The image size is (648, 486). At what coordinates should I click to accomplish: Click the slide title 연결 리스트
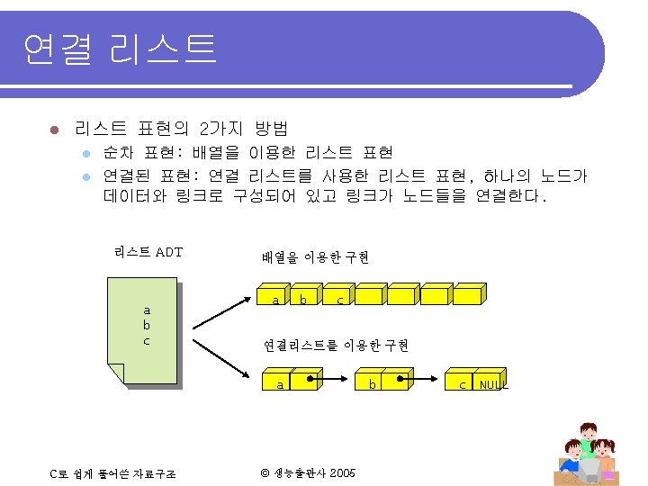point(120,49)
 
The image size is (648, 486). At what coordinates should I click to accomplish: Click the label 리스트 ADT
point(148,252)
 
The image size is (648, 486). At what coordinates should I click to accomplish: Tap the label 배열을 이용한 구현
point(315,257)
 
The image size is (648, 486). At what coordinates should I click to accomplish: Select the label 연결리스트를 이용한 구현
point(336,346)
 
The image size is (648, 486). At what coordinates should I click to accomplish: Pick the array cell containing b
point(306,297)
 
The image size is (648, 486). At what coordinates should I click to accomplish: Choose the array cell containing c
point(338,297)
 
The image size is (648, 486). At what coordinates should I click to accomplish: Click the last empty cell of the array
point(468,296)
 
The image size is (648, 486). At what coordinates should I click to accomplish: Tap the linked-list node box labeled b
point(371,383)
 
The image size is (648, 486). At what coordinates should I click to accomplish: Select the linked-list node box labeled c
point(462,383)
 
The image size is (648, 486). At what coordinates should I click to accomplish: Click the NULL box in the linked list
point(491,383)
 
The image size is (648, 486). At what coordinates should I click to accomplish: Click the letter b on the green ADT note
point(147,326)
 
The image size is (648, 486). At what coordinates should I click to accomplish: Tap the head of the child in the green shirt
point(589,431)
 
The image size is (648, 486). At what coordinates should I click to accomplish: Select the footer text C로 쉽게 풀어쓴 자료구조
point(112,473)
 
